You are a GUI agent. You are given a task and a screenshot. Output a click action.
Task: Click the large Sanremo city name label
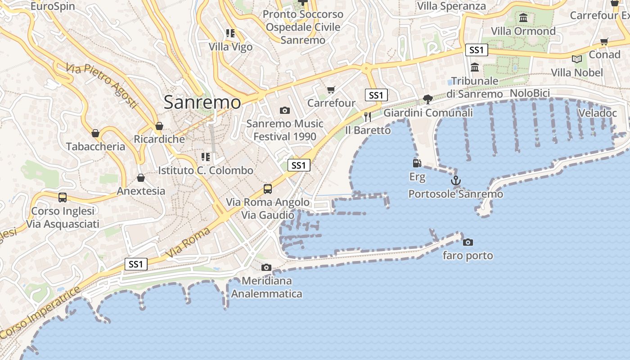coord(202,103)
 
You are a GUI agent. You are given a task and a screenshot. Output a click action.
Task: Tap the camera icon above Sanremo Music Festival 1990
coord(284,110)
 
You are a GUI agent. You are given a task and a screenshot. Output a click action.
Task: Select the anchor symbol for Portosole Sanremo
coord(456,181)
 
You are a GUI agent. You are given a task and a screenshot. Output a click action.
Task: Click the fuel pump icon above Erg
coord(417,163)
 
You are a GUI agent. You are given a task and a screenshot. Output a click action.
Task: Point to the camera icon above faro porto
coord(468,242)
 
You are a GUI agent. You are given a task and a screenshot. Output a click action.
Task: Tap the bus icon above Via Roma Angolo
coord(268,189)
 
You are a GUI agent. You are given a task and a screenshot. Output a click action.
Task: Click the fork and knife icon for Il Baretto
coord(368,117)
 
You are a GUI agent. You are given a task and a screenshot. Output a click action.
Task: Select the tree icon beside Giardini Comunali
coord(427,99)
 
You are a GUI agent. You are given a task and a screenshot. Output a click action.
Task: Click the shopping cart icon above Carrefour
coord(331,90)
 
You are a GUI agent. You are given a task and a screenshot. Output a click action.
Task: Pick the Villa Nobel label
coord(577,72)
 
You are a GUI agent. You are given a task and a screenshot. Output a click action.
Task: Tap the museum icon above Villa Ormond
coord(523,18)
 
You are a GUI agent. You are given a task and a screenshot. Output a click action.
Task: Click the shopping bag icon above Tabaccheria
coord(95,133)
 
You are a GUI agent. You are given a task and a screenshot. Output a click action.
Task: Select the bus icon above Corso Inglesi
coord(63,197)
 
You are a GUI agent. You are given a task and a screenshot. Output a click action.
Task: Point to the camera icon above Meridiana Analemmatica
coord(266,268)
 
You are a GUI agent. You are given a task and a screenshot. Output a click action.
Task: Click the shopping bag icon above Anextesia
coord(141,178)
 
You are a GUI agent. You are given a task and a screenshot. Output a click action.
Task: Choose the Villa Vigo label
coord(230,47)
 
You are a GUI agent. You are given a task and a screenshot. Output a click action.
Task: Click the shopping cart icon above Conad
coord(604,41)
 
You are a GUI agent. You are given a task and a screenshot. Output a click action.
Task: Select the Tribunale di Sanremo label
coord(474,87)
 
